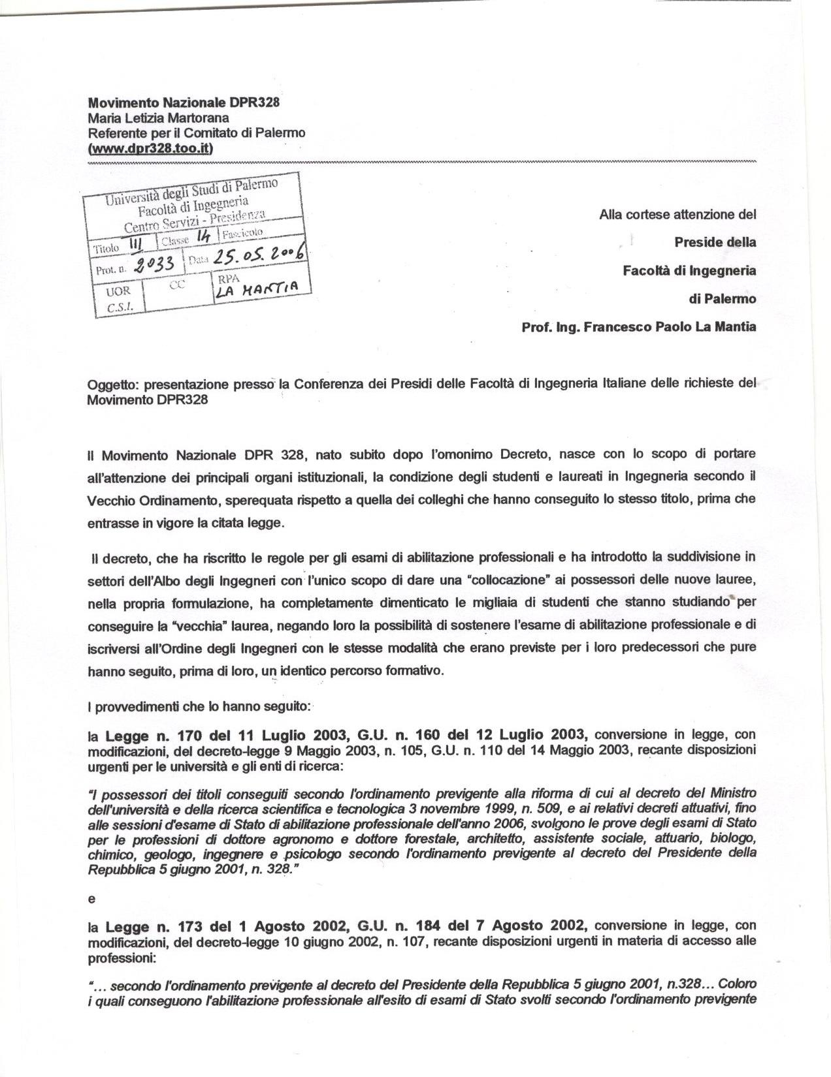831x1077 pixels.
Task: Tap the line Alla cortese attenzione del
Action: (677, 214)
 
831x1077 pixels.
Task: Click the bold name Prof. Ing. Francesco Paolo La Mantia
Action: (638, 327)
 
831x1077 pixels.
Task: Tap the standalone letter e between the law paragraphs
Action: (91, 899)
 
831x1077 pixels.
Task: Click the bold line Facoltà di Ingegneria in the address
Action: (689, 270)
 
